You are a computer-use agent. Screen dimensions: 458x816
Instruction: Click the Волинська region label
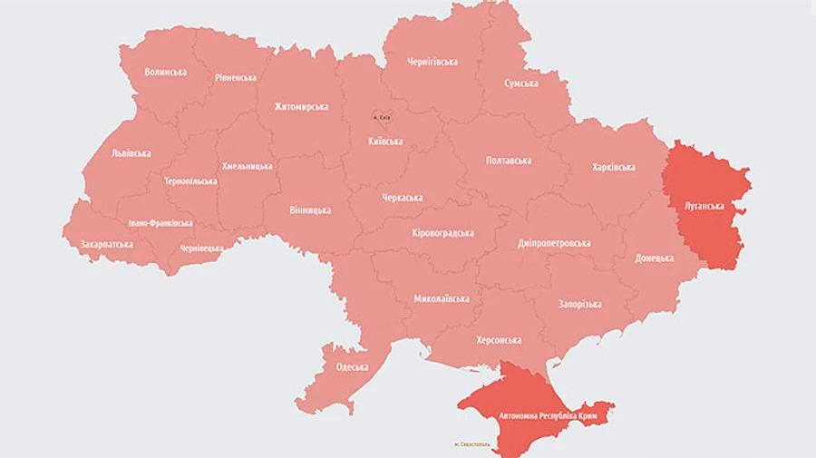point(165,72)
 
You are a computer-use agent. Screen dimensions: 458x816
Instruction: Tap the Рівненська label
point(235,78)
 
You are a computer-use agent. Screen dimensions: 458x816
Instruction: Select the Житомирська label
point(301,107)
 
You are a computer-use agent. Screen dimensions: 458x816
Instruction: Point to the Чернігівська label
point(432,63)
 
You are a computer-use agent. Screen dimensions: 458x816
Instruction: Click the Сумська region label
point(521,83)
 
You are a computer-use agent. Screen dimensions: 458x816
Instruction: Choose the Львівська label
point(131,153)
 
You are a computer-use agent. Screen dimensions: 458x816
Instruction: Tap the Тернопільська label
point(190,181)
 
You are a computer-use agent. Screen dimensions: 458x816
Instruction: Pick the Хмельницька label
point(247,167)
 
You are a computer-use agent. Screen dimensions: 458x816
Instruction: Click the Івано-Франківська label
point(160,223)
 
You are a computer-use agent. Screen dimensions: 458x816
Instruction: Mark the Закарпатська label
point(106,245)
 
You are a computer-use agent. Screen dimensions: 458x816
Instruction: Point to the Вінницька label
point(309,210)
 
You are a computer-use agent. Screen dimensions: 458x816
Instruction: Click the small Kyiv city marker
point(381,116)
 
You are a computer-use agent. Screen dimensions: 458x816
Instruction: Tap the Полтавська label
point(509,161)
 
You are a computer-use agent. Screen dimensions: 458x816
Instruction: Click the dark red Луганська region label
point(704,206)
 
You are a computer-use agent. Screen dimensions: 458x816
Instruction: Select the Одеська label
point(352,367)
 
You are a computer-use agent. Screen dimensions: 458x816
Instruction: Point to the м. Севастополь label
point(471,444)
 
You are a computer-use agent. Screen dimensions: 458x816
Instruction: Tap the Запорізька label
point(579,305)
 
